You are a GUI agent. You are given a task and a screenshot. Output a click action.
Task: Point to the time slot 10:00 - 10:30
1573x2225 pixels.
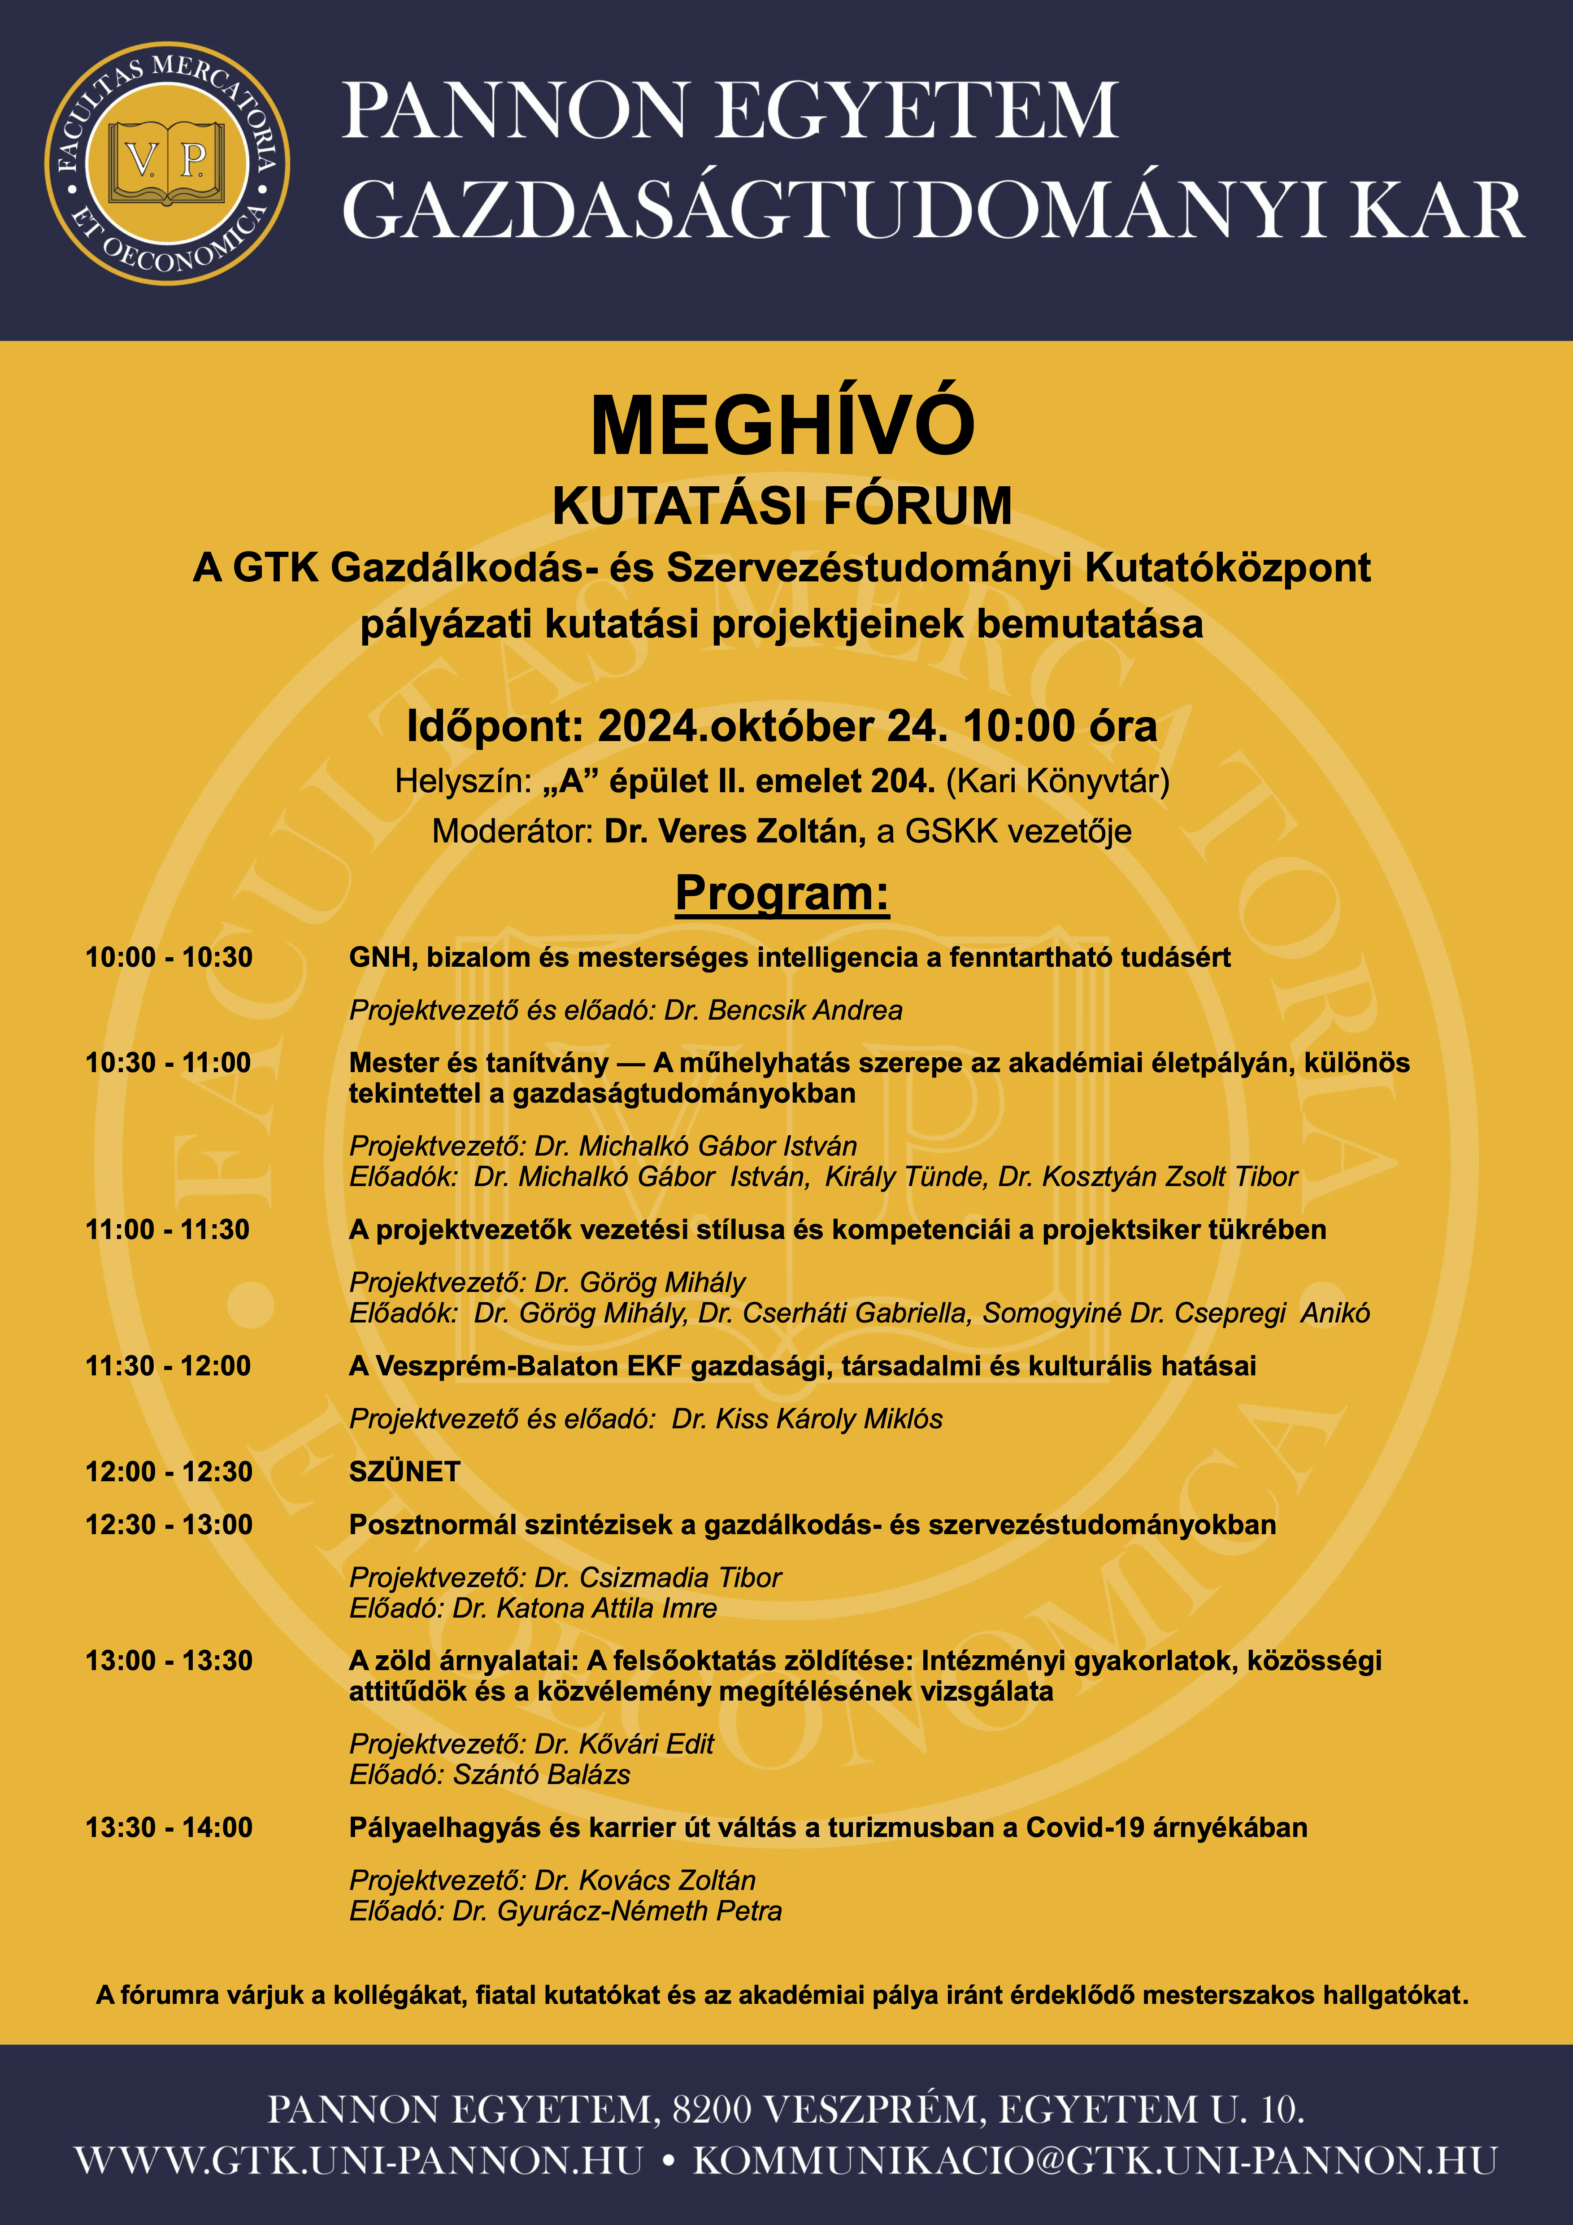pyautogui.click(x=169, y=957)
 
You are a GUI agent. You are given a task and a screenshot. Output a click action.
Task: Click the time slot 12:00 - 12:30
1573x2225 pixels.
pyautogui.click(x=169, y=1471)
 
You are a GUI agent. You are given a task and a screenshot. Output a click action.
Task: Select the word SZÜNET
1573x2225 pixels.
pyautogui.click(x=404, y=1471)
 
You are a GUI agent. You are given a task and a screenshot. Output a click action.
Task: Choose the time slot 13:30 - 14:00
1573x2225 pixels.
pyautogui.click(x=169, y=1828)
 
